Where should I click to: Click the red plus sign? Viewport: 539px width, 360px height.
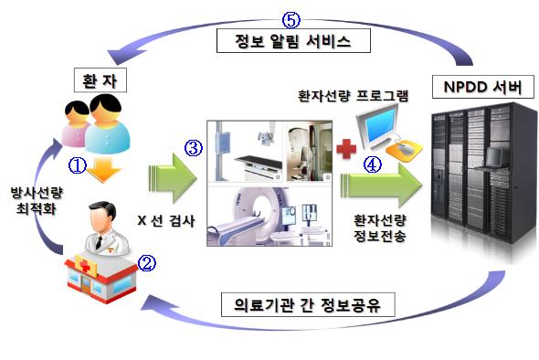tap(343, 149)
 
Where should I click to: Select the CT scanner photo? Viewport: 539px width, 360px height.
tap(269, 217)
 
